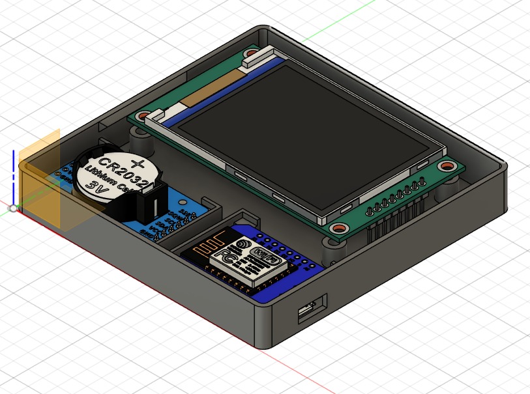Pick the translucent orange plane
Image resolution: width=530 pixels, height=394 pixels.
coord(40,179)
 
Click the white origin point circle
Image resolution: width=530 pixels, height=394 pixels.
coord(13,208)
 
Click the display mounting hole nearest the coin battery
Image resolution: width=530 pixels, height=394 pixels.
coord(139,117)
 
